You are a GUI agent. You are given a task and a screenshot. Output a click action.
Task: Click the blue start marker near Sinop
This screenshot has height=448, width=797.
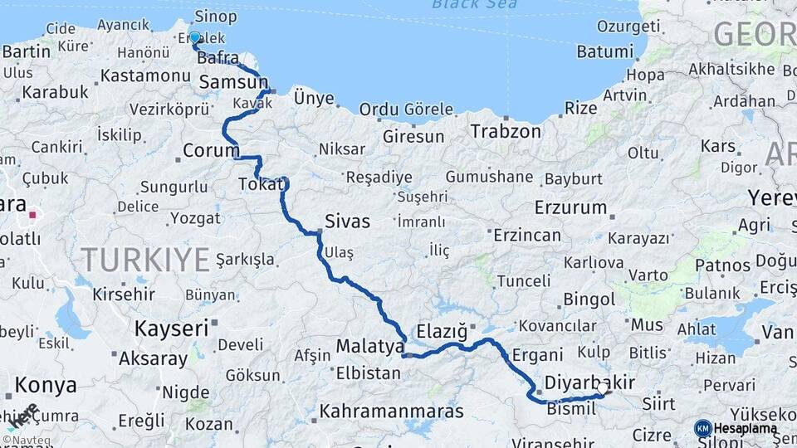(195, 37)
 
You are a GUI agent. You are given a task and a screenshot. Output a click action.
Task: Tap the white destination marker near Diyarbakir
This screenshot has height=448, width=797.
(603, 387)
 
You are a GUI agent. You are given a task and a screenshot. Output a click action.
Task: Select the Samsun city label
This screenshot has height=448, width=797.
(232, 83)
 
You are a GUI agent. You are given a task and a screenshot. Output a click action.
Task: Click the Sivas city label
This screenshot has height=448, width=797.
(347, 222)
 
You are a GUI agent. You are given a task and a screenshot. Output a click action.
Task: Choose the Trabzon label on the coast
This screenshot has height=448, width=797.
(506, 131)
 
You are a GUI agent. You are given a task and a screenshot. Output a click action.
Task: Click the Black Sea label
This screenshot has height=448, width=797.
(474, 5)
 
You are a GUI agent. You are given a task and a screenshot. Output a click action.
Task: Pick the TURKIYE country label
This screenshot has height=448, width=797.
(145, 260)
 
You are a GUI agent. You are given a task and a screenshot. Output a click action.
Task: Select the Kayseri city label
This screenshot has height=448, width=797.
(171, 329)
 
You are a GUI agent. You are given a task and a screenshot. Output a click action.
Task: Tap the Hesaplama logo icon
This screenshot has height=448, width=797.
(702, 428)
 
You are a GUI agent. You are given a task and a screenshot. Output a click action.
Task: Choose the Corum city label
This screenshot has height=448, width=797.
(210, 152)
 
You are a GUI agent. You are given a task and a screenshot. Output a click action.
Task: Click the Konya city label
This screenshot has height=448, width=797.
(46, 385)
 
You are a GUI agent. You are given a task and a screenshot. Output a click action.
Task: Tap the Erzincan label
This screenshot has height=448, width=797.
(526, 236)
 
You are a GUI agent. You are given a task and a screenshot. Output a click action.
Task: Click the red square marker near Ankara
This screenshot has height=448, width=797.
(32, 215)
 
